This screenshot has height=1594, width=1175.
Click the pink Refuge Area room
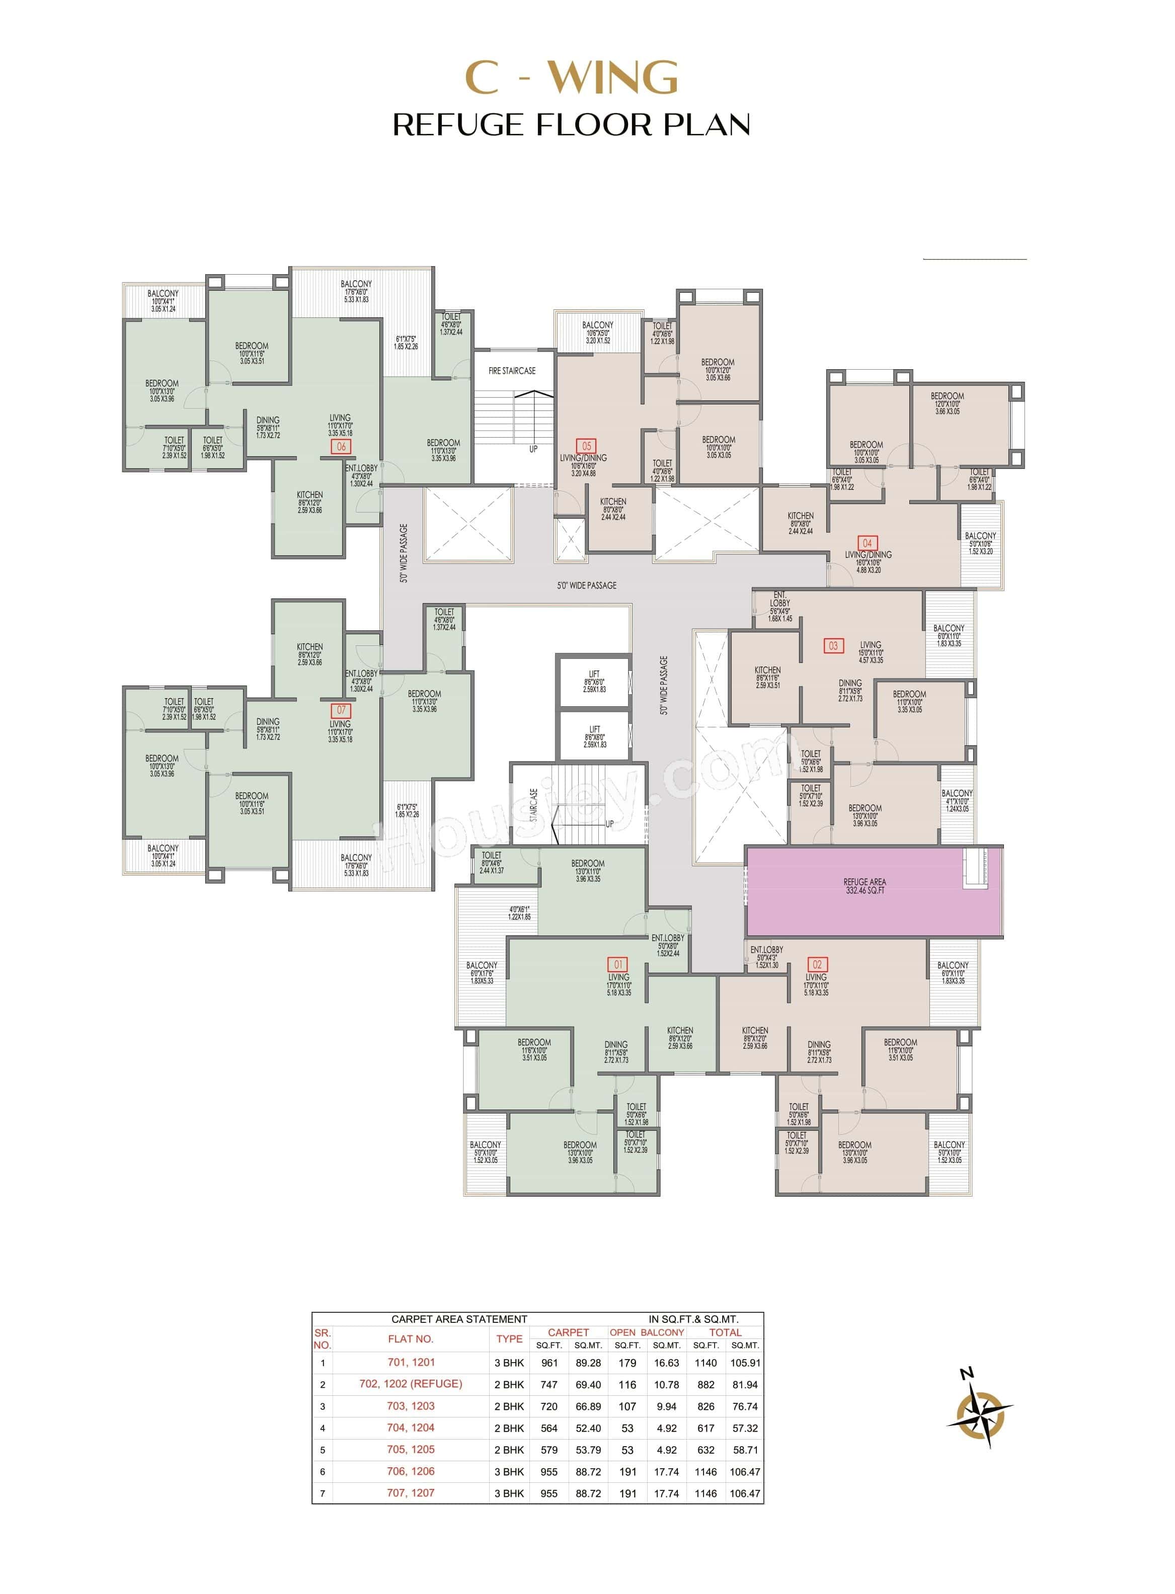click(x=864, y=890)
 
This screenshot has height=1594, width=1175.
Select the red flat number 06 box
click(x=341, y=447)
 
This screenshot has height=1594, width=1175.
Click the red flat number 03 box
click(x=833, y=645)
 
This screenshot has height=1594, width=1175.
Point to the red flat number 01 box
click(x=617, y=964)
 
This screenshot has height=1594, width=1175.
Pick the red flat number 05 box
click(x=586, y=447)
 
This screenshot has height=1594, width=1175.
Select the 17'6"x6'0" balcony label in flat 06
click(x=356, y=292)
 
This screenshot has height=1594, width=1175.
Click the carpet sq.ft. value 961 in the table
click(x=549, y=1363)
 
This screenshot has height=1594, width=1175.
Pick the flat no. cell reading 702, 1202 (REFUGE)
click(x=411, y=1384)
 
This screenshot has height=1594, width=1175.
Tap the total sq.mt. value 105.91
click(x=745, y=1363)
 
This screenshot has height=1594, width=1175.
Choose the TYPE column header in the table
click(x=509, y=1339)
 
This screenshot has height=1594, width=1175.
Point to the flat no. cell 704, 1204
click(x=411, y=1428)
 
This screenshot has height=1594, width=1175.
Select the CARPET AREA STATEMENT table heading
click(x=459, y=1319)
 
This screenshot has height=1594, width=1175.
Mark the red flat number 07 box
click(x=341, y=710)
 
